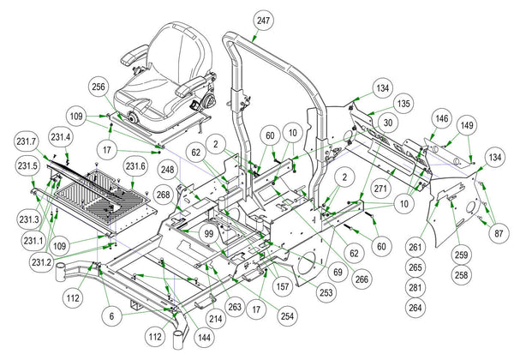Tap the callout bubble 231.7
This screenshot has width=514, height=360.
point(27,140)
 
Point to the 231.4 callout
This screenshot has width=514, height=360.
point(61,135)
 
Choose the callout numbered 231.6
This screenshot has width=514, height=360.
point(136,165)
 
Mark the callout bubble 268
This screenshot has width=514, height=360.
point(162,196)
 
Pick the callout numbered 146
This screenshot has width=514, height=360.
point(442,117)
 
